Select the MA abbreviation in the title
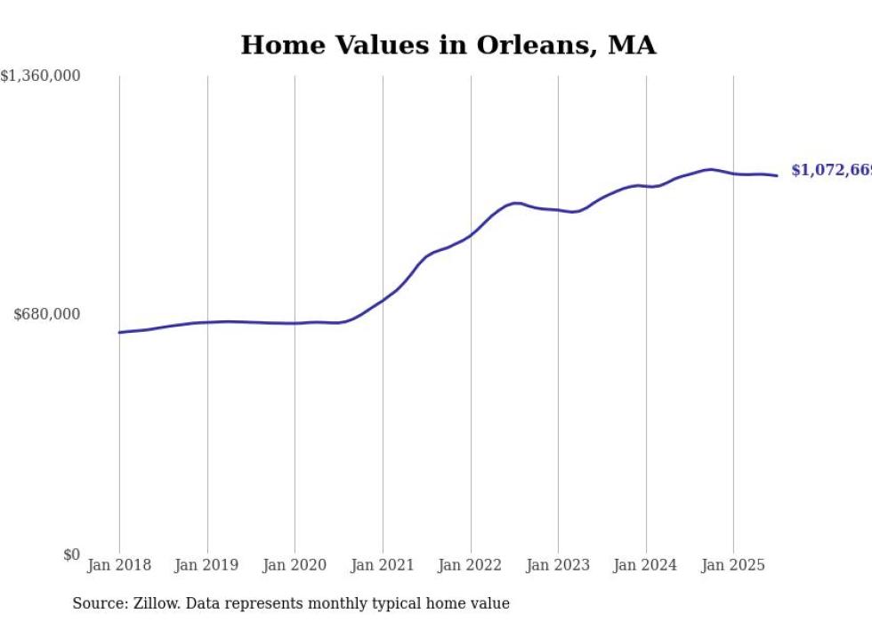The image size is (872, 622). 632,45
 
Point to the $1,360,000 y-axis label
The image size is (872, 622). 40,77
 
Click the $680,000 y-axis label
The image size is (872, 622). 47,314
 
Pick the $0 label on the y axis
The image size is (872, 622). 70,555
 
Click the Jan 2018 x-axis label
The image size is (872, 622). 119,565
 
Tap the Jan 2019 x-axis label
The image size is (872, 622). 207,565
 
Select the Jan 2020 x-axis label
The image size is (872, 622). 295,565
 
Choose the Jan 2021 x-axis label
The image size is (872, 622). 383,565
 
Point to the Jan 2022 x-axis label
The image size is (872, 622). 470,565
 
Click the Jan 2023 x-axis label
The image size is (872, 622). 558,565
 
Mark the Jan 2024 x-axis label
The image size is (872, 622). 646,565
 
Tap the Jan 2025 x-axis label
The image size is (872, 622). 733,565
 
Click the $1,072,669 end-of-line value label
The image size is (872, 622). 831,170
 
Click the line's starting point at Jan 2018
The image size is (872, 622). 119,332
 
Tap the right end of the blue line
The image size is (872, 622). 777,175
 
